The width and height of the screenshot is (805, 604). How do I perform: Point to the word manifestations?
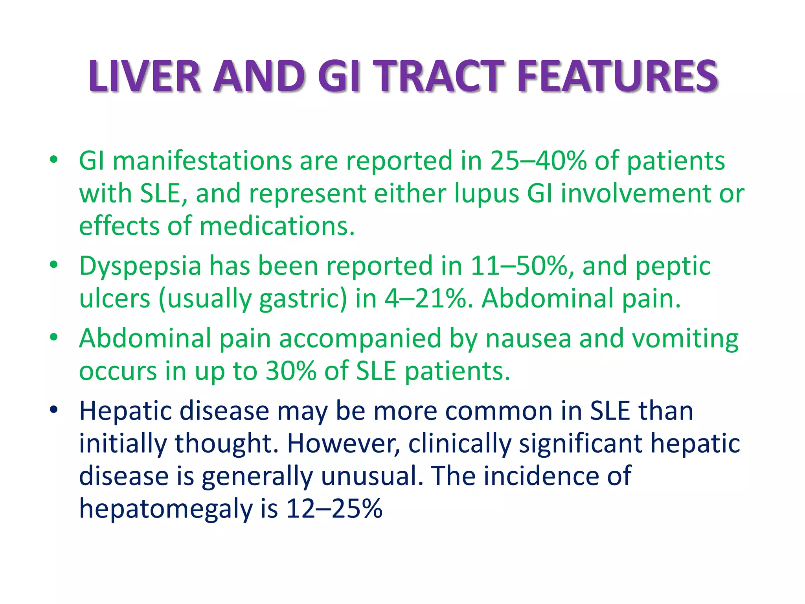click(x=202, y=161)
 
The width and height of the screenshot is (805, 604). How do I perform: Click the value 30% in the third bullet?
click(x=290, y=371)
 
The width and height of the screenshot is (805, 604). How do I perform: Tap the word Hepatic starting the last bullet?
click(x=125, y=411)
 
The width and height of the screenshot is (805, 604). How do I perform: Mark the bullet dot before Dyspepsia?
click(x=54, y=264)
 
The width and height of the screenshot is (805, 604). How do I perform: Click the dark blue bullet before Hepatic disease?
click(x=54, y=409)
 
